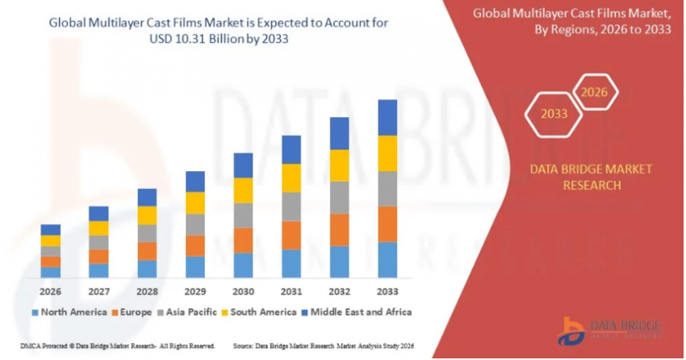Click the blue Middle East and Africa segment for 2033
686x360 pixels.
388,117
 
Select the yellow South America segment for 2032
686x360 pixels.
340,165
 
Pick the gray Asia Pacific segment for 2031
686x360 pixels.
291,207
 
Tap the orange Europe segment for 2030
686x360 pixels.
243,240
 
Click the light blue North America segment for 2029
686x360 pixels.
195,266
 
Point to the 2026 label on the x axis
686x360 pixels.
51,291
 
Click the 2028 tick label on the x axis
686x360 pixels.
147,291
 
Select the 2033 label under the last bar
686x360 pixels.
388,291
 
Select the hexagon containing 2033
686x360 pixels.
554,114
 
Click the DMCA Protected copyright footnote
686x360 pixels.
117,345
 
